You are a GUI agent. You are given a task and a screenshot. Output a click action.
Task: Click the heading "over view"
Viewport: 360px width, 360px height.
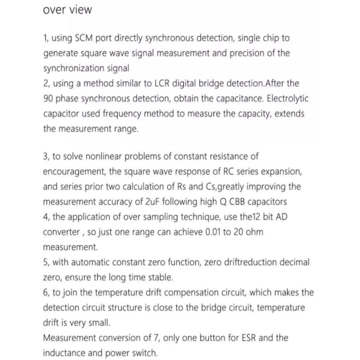point(67,10)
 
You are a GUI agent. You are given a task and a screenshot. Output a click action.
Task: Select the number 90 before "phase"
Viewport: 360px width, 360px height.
point(49,99)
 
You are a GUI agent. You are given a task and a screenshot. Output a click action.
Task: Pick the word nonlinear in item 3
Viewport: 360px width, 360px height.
point(103,157)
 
